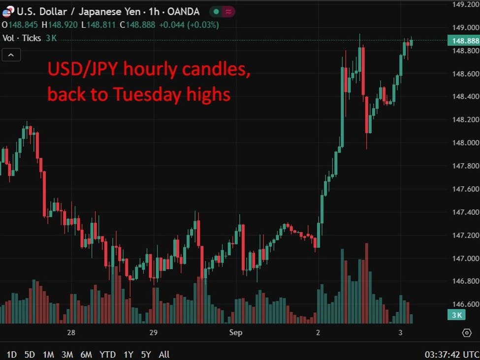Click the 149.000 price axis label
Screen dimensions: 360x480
465,28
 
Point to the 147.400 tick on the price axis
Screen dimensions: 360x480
465,212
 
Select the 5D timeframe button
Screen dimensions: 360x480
30,354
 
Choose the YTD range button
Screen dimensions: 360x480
107,354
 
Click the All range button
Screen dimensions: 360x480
164,354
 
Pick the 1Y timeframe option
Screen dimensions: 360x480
128,354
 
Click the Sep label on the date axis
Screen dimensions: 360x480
236,333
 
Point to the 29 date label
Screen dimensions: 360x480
153,333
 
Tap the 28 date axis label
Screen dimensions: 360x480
71,333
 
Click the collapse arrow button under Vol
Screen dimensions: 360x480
11,55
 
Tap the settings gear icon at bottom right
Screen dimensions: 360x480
467,333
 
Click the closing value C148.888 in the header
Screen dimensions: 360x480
137,25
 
